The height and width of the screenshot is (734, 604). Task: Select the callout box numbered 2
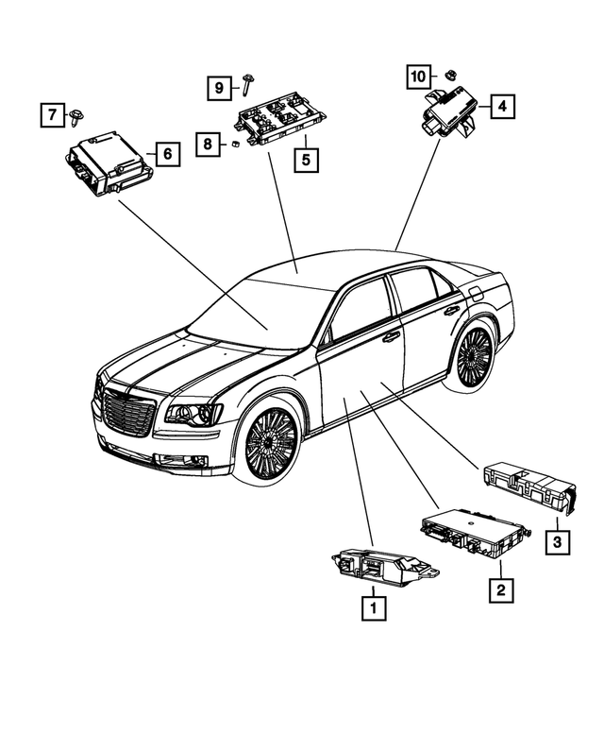click(500, 590)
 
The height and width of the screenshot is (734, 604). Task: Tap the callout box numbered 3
click(558, 542)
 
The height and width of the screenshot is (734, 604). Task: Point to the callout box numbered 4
click(502, 107)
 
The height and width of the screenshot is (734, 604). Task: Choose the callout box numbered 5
click(305, 159)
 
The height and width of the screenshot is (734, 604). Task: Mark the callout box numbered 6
click(165, 154)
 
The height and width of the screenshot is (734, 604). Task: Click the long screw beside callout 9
click(244, 85)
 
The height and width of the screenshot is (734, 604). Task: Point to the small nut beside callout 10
click(450, 72)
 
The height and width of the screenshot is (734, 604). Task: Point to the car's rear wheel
click(473, 356)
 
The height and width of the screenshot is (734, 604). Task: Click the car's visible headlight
click(193, 413)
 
